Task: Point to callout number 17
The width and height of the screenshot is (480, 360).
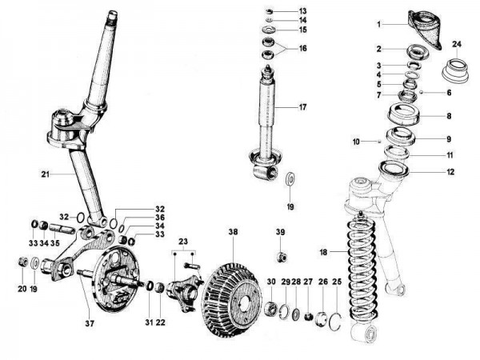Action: click(x=302, y=107)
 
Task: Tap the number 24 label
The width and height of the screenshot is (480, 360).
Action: click(x=457, y=43)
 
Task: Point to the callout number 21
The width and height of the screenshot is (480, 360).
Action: click(x=46, y=172)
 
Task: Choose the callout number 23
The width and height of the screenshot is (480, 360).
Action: click(x=182, y=240)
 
